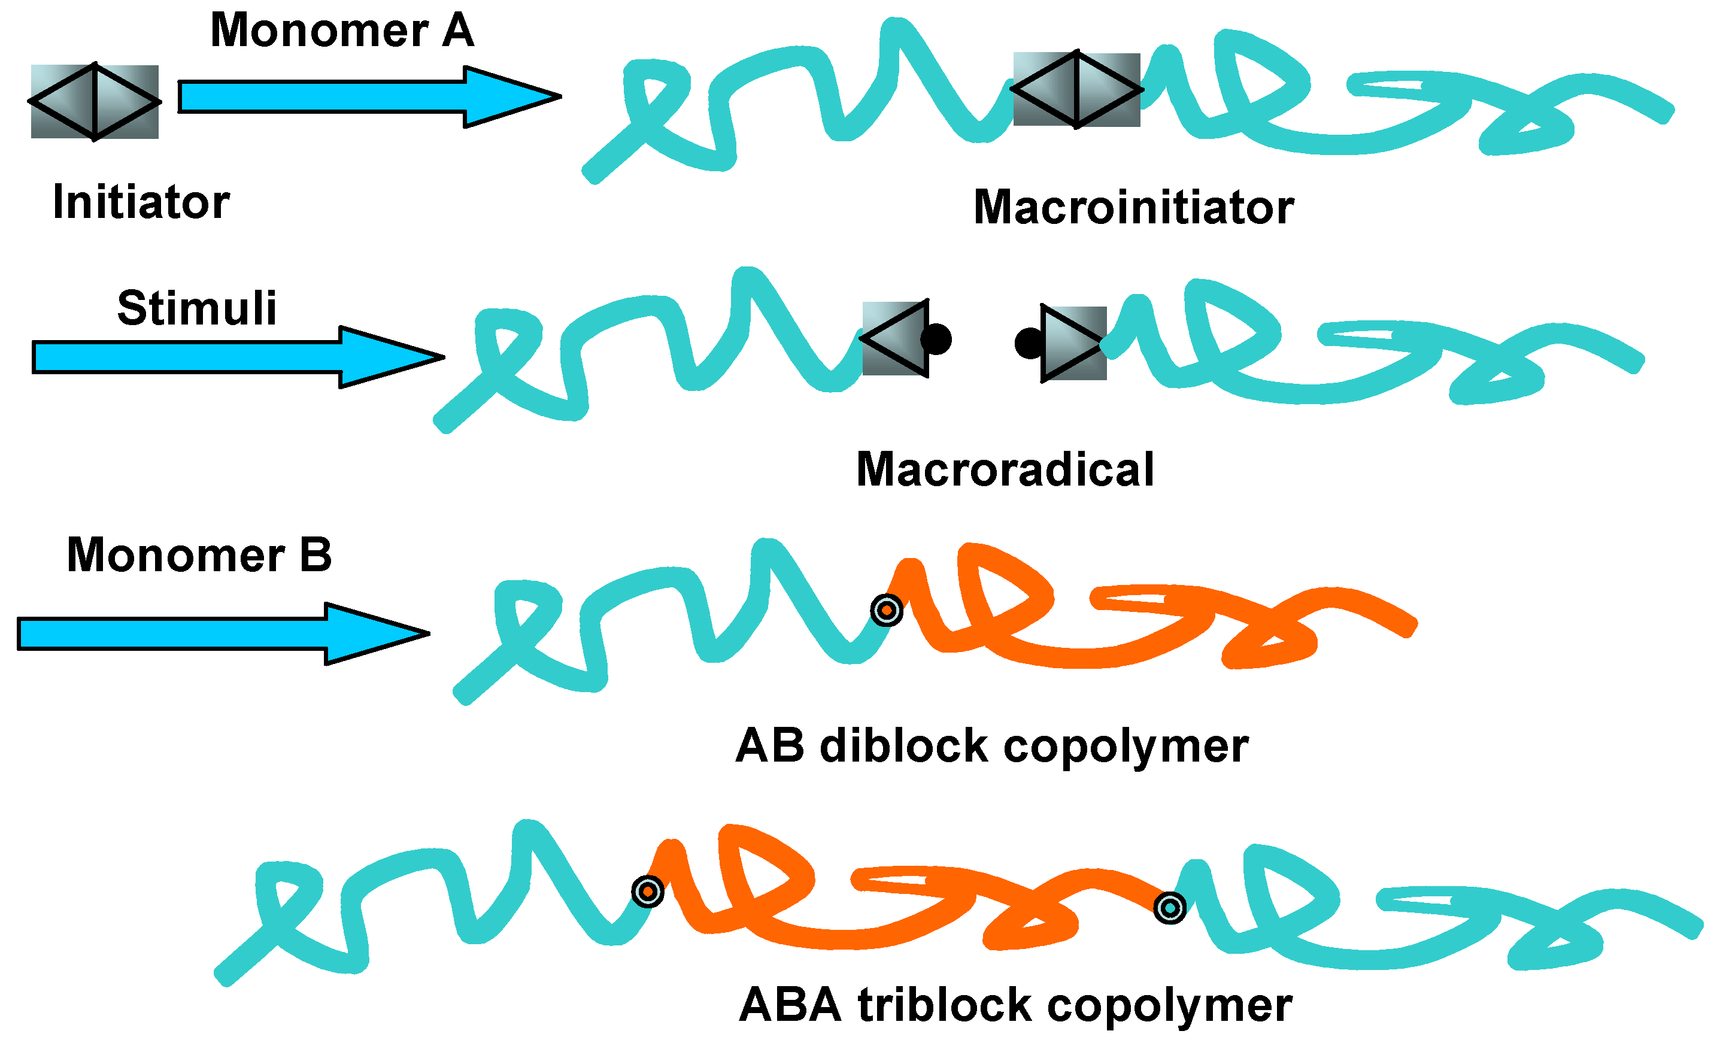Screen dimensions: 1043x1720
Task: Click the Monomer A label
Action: [x=342, y=31]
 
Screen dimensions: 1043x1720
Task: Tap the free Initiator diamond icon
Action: [x=95, y=102]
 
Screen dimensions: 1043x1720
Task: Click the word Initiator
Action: [x=141, y=202]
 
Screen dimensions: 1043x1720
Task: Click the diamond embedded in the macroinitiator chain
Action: [x=1076, y=89]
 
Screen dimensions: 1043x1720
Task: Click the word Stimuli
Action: [x=197, y=308]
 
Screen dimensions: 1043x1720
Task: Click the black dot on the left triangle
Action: [x=936, y=339]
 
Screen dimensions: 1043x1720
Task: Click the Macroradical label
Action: [x=1005, y=470]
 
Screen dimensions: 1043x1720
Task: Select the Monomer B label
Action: [x=199, y=556]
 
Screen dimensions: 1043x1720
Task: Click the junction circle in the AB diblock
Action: [x=887, y=610]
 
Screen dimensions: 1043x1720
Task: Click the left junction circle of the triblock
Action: [x=647, y=892]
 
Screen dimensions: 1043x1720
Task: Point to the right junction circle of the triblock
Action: [x=1170, y=908]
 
